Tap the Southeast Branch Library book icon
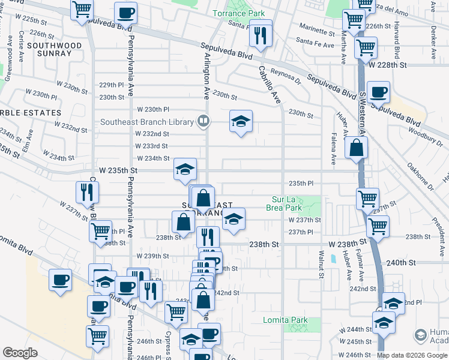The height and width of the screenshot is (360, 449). pos(203,122)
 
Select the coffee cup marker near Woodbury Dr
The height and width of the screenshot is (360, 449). pos(378,93)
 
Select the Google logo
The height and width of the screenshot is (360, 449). pos(20,353)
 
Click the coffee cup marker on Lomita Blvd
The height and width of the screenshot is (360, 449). pos(60,280)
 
